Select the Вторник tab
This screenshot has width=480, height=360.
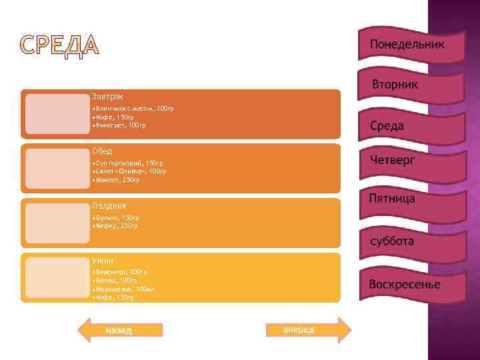pos(395,85)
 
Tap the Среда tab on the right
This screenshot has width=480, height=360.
pos(387,125)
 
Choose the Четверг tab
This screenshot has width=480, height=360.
pos(393,161)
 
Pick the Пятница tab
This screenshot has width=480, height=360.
pos(392,199)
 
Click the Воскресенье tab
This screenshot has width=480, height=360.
pos(405,285)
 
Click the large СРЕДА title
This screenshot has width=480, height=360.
pos(61,46)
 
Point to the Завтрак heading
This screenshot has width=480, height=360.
pos(107,97)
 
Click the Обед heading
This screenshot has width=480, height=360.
pos(102,151)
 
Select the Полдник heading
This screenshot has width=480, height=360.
pos(109,206)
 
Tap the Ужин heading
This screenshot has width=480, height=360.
pos(103,261)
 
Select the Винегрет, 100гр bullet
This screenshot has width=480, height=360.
pos(121,125)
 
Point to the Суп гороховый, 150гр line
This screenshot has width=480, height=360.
pos(129,163)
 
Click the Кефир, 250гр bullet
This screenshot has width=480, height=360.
pos(117,226)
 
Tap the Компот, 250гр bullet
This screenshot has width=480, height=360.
pos(118,179)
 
